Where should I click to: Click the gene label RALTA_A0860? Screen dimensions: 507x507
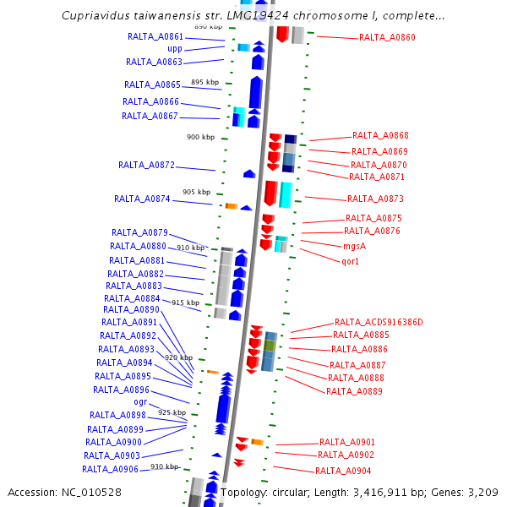387,38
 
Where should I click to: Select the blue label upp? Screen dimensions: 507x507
175,49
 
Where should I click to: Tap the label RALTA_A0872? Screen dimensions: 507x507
146,166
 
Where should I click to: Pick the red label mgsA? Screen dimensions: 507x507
354,247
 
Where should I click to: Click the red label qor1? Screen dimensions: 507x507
351,262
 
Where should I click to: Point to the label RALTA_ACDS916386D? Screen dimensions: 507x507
378,323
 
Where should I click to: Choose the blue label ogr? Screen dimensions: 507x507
140,402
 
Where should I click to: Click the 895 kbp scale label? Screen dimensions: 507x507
204,82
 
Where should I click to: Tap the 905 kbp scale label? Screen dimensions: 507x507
196,192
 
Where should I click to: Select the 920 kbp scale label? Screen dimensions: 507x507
178,357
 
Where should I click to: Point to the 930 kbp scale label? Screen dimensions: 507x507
165,466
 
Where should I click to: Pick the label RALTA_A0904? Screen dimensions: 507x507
343,472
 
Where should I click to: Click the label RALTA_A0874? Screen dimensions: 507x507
142,199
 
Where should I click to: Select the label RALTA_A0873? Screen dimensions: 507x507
375,199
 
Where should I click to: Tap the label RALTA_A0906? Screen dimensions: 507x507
110,470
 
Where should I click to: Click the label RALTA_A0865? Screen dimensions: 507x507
152,85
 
